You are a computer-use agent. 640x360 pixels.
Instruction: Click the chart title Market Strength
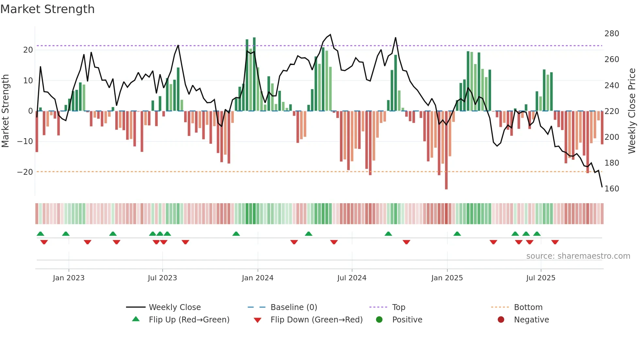pos(47,9)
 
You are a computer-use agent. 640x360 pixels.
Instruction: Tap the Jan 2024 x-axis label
pos(258,278)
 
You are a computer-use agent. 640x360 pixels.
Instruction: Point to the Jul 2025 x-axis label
pos(541,278)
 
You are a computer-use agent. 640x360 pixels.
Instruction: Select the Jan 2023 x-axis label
pos(69,278)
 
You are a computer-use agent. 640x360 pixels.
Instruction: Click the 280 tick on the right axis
pos(612,34)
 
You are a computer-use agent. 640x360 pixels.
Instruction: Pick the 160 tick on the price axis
pos(612,189)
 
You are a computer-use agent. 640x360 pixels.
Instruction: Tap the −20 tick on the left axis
pos(25,172)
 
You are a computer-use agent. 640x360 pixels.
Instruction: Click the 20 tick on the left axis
pos(28,50)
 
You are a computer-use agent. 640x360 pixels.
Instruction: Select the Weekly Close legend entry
pos(175,307)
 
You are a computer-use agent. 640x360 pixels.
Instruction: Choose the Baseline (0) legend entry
pos(294,307)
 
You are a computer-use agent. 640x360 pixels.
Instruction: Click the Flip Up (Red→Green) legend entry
pos(189,320)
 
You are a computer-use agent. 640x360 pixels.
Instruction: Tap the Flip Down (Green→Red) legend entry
pos(316,320)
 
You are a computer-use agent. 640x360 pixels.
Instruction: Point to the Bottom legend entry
pos(528,307)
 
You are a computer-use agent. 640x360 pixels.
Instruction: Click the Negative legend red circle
pos(501,320)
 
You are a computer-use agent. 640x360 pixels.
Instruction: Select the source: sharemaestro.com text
pos(578,256)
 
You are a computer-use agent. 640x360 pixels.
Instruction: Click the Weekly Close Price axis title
pos(632,111)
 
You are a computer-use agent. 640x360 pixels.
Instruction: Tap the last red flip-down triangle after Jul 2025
pos(555,242)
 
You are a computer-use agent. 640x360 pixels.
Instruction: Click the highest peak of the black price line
pos(330,35)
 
